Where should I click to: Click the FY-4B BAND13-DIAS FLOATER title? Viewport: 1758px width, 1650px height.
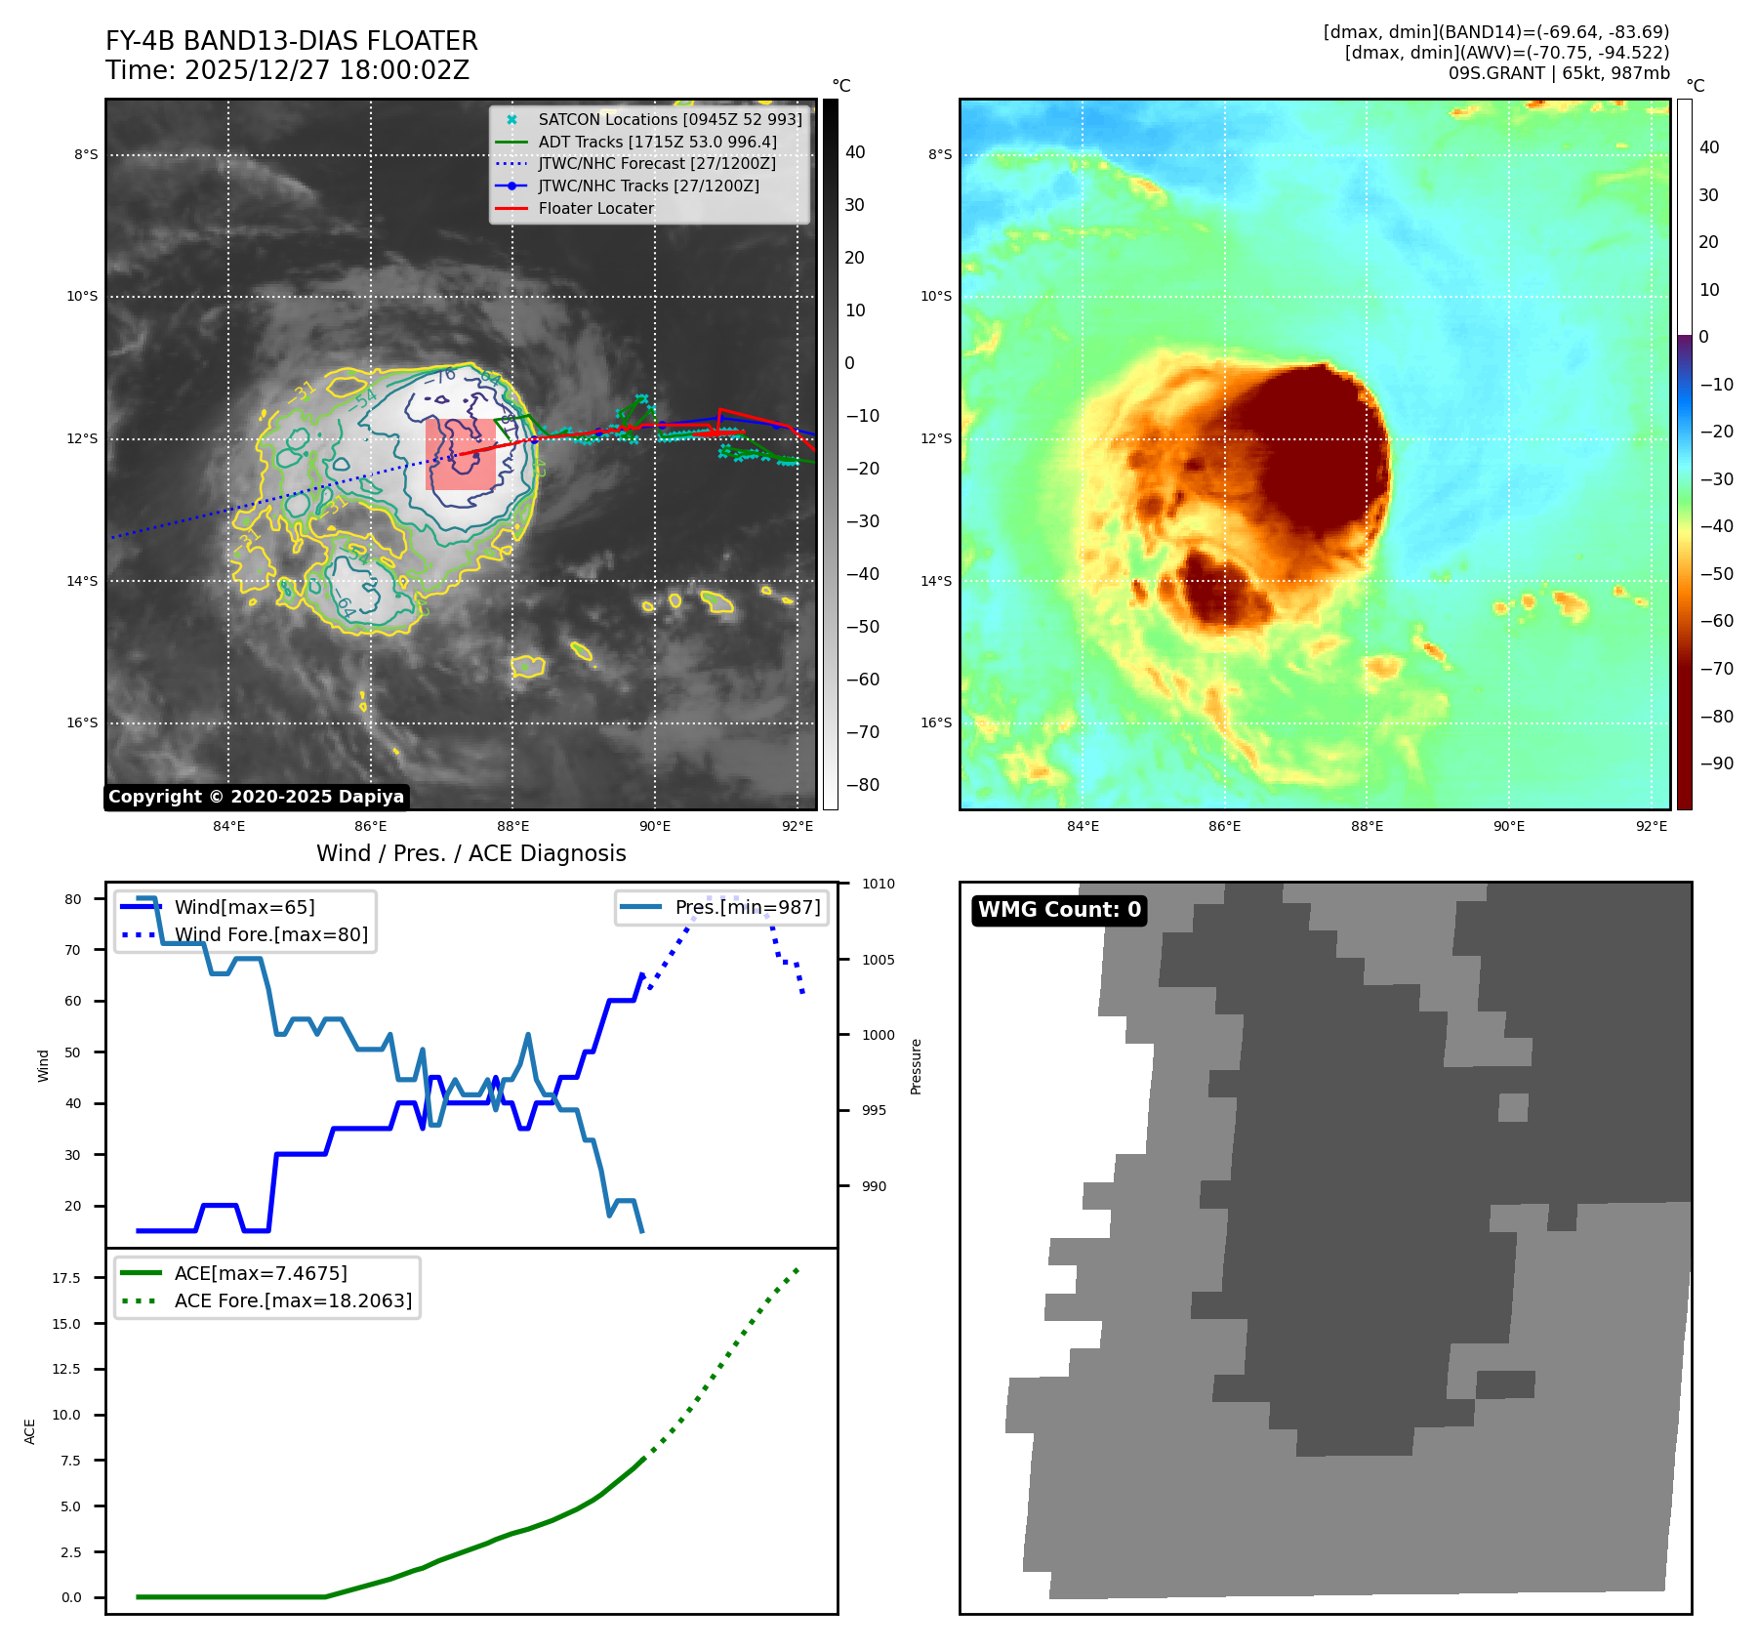(x=291, y=41)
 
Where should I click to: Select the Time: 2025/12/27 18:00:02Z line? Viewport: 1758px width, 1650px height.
(x=287, y=70)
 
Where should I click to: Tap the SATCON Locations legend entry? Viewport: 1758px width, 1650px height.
(x=670, y=119)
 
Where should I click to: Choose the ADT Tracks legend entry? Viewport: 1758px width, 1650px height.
(x=657, y=142)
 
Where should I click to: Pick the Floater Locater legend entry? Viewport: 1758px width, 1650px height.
(x=595, y=208)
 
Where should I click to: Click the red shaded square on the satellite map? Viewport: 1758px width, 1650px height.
(x=461, y=454)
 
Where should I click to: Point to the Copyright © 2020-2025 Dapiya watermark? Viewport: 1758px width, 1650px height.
(x=256, y=797)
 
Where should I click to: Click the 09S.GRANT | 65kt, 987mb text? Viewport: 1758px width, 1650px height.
(x=1558, y=73)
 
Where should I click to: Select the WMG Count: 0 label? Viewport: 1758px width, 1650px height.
(x=1059, y=910)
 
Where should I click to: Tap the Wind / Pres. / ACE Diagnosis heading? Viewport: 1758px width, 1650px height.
(x=470, y=853)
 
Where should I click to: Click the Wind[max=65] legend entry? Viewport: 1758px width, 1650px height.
(x=244, y=907)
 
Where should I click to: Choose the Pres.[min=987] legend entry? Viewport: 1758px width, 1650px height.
(x=747, y=907)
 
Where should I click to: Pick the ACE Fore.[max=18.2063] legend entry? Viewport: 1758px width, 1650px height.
(x=293, y=1300)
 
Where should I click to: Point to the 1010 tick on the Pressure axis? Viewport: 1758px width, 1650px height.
(x=878, y=884)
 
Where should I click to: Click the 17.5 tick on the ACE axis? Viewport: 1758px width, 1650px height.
(x=66, y=1278)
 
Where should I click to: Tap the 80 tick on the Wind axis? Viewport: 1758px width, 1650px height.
(x=73, y=899)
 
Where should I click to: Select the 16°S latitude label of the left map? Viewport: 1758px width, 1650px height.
(x=82, y=723)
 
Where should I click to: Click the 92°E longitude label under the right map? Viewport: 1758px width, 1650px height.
(x=1651, y=826)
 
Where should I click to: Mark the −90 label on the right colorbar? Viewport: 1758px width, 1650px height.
(x=1716, y=763)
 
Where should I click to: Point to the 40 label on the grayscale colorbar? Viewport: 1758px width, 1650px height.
(x=855, y=152)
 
